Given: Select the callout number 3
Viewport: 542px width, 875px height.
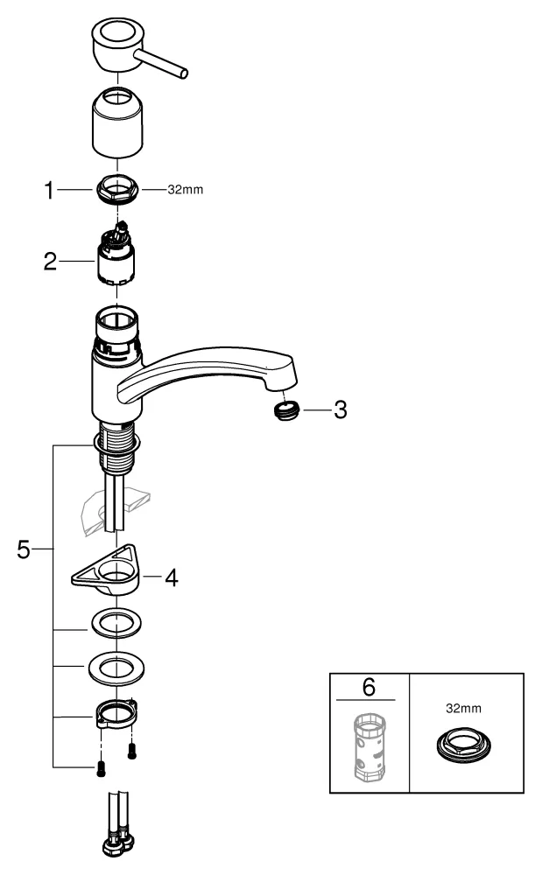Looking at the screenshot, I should (x=340, y=409).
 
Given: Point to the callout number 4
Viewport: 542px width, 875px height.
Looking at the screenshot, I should (x=172, y=577).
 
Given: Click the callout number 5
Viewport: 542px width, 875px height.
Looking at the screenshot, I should (x=24, y=549).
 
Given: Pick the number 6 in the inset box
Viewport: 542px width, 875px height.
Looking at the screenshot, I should (x=369, y=687).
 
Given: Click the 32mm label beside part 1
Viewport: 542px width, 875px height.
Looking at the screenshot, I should (x=185, y=189).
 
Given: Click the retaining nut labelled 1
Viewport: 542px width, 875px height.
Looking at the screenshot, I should (x=117, y=189).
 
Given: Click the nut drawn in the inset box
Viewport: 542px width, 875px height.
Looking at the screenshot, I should (x=461, y=746).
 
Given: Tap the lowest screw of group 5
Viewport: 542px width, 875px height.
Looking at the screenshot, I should (x=99, y=768).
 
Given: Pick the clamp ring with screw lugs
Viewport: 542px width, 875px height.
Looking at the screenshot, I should (x=115, y=712).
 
